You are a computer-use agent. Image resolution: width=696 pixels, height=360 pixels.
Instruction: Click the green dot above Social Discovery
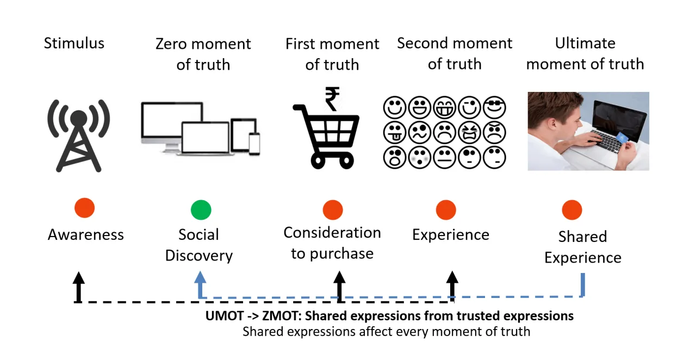tap(201, 209)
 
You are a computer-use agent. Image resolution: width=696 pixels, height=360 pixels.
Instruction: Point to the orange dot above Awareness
tap(84, 207)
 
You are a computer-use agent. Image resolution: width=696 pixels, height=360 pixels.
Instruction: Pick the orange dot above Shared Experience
tap(572, 209)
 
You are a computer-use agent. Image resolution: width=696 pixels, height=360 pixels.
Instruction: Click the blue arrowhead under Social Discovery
tap(201, 277)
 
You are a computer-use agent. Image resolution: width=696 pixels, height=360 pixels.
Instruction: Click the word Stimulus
tap(74, 43)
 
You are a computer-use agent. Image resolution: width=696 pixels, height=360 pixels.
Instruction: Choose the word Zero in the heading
tap(171, 44)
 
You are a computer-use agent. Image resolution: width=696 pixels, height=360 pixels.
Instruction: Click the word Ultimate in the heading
tap(585, 43)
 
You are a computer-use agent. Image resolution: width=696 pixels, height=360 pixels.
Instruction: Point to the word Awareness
tap(86, 235)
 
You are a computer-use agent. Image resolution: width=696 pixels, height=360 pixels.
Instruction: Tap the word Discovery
tap(199, 256)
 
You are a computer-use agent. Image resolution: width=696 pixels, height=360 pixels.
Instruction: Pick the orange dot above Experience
tap(446, 209)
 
